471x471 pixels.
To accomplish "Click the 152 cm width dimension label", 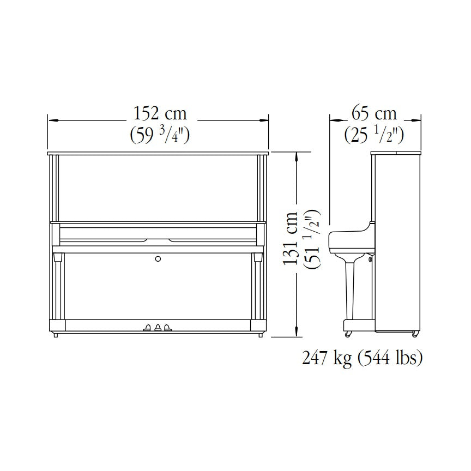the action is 160,113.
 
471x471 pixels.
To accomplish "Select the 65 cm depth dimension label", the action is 375,113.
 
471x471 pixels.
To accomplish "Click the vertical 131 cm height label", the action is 290,238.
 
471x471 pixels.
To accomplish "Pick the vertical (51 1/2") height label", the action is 312,239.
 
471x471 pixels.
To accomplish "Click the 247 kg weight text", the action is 327,358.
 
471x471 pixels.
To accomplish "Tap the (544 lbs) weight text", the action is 390,358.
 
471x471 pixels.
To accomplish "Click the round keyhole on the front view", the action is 158,258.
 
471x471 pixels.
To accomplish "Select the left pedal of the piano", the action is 148,328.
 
